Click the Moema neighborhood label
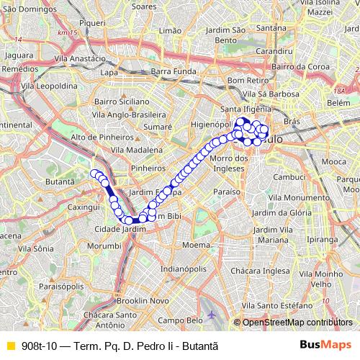click(195, 246)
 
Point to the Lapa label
click(109, 72)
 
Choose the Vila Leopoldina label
click(50, 85)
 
